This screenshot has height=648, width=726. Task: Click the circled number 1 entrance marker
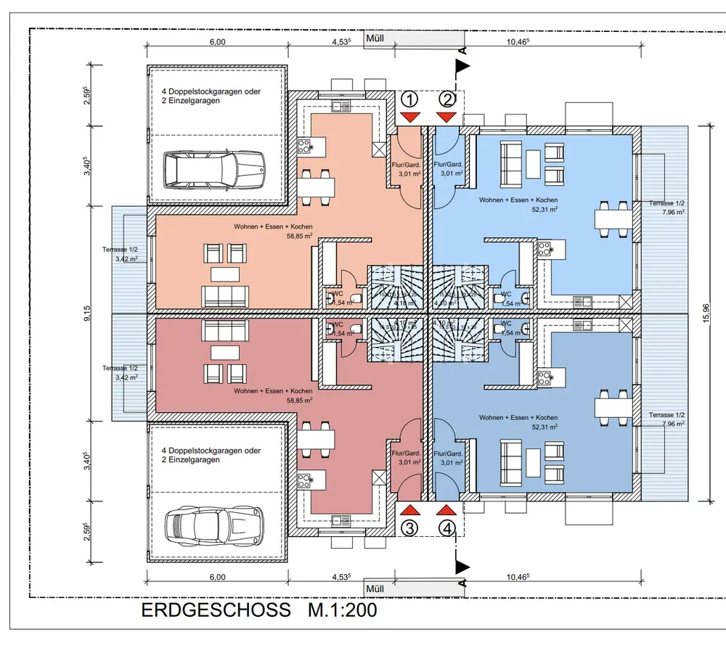(411, 99)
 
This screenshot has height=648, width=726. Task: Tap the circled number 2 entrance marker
(448, 99)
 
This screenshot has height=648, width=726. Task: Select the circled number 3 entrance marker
(411, 528)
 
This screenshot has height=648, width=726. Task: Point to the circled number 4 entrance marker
(448, 528)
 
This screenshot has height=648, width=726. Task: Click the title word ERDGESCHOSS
(215, 610)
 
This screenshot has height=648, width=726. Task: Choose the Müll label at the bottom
(375, 588)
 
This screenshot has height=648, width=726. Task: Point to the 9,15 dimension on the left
(87, 313)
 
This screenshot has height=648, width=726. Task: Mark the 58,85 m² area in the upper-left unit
(299, 236)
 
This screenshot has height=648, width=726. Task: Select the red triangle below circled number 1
(411, 117)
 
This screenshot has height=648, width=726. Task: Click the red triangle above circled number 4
(448, 510)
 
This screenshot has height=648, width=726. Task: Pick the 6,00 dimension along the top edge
(217, 42)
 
